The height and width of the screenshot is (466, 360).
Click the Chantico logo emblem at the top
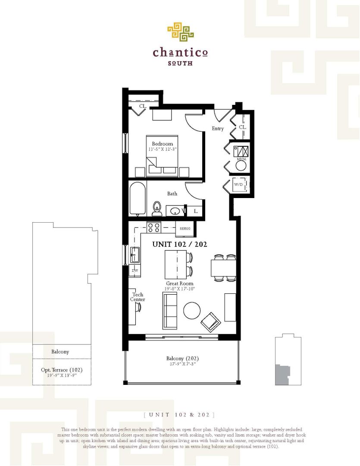(x=180, y=32)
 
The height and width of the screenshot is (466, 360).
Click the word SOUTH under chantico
(x=180, y=63)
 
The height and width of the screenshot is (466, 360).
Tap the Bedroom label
(x=162, y=144)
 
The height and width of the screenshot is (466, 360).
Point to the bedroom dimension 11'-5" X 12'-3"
(x=162, y=149)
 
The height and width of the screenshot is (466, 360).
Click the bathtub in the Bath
(x=138, y=198)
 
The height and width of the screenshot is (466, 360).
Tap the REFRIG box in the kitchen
(x=185, y=229)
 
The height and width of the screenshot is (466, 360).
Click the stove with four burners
(x=154, y=227)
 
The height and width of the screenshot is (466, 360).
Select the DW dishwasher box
(x=135, y=271)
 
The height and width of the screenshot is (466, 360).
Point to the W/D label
(x=238, y=185)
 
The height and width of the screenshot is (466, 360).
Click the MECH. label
(x=241, y=159)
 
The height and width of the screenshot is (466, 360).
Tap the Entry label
(x=218, y=129)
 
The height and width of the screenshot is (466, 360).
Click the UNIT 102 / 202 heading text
(x=180, y=244)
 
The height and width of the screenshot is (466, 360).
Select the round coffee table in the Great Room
(x=191, y=310)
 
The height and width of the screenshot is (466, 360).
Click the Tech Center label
(x=138, y=297)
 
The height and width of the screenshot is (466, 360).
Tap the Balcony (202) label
(x=182, y=359)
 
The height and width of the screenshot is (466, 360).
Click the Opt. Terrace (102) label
(x=62, y=370)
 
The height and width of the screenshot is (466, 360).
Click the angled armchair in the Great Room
(x=211, y=321)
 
